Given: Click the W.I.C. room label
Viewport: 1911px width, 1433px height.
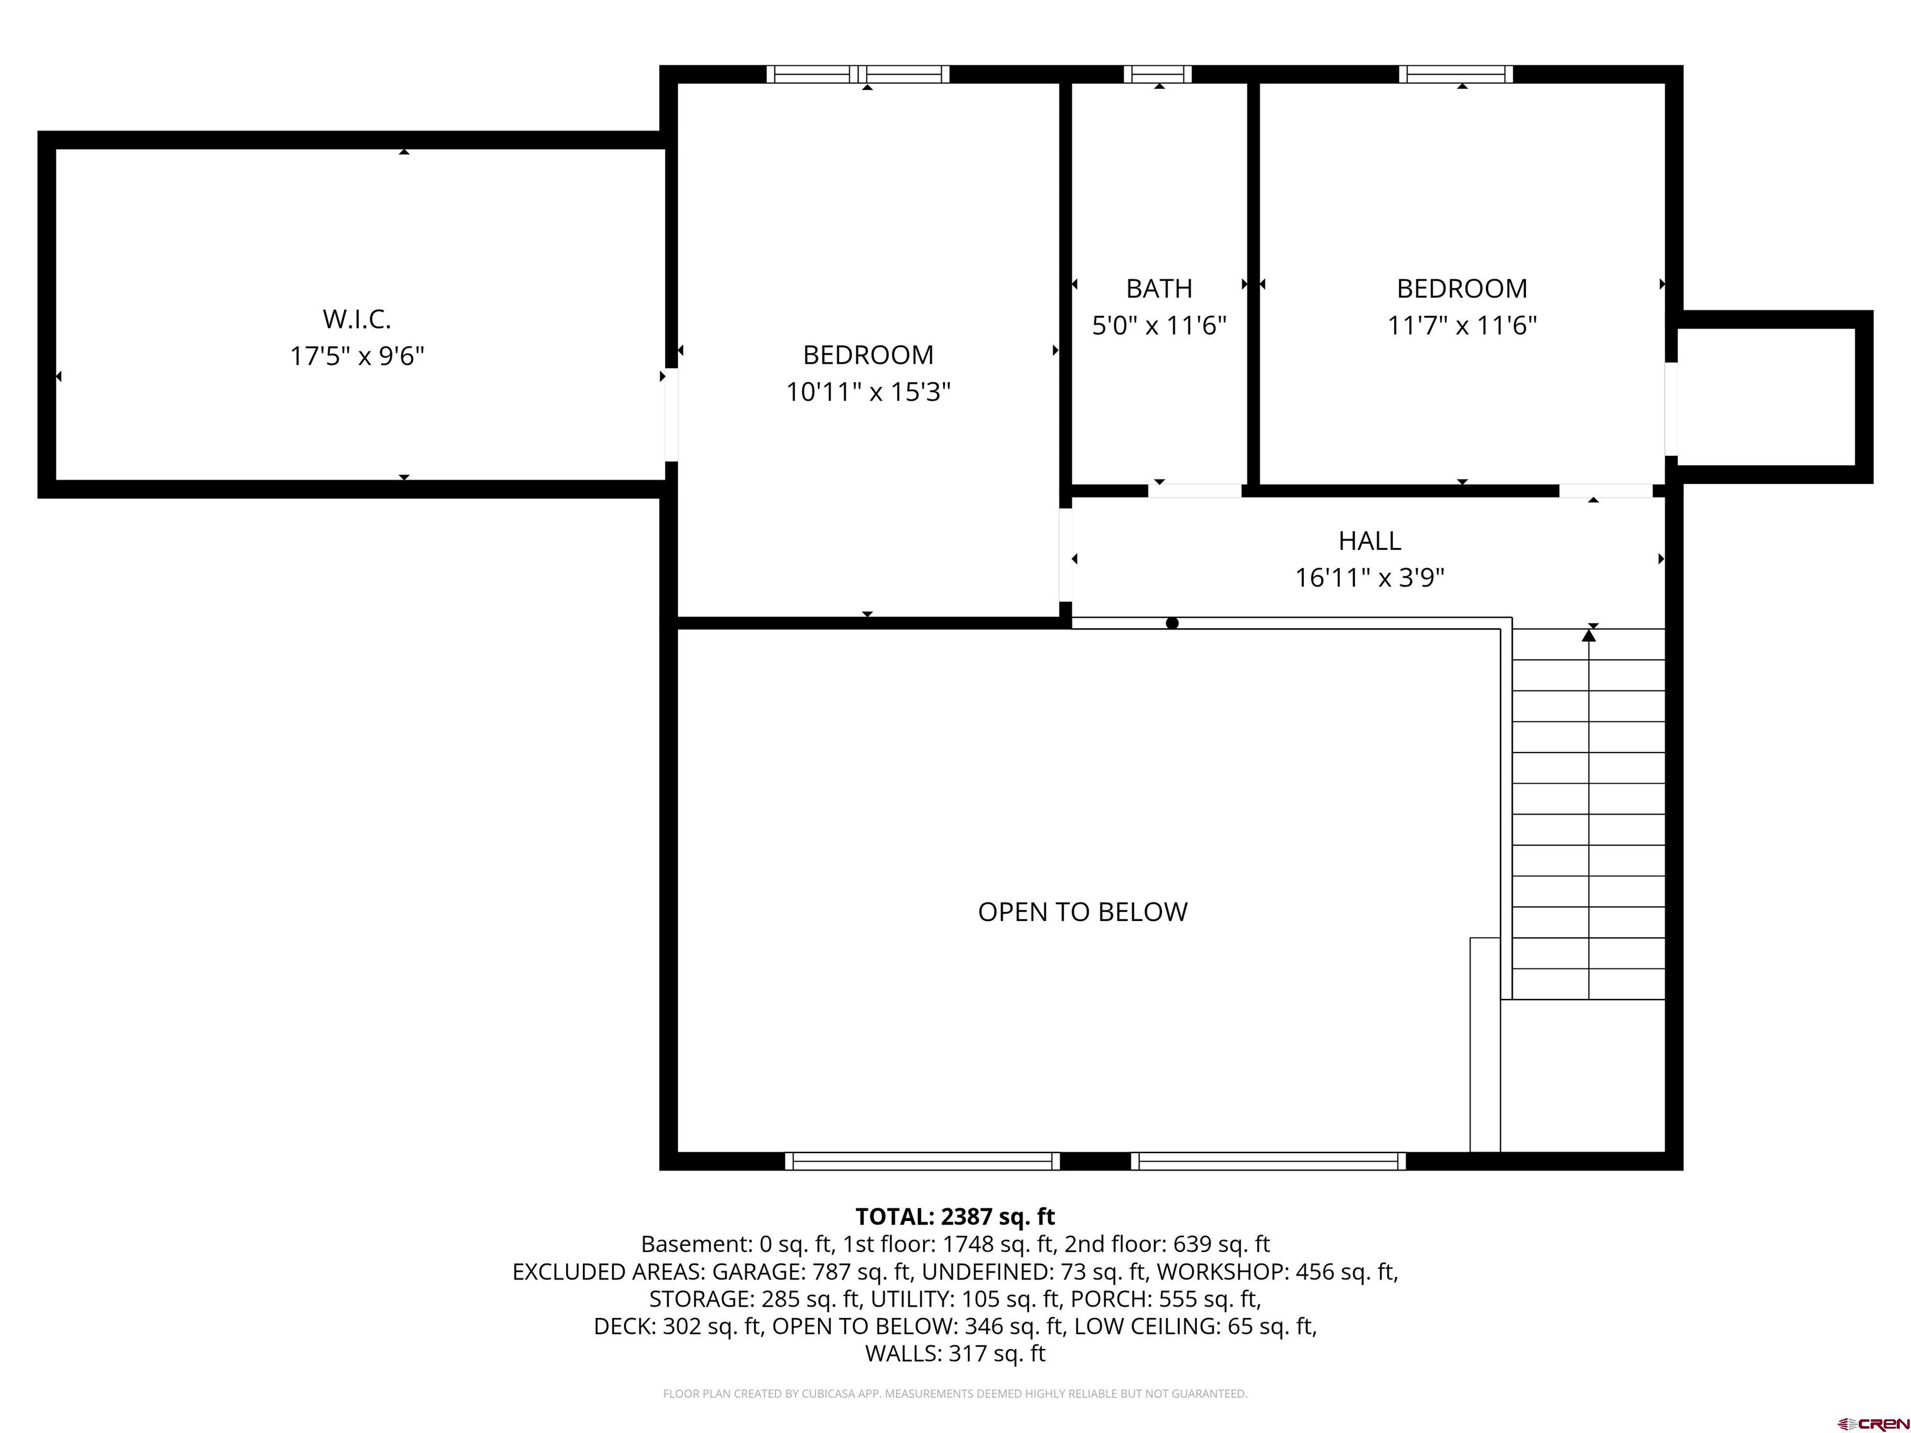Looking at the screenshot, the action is tap(357, 318).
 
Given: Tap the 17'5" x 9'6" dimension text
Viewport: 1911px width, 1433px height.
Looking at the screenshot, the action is tap(357, 356).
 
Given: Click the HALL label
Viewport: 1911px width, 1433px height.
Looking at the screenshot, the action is tap(1369, 540).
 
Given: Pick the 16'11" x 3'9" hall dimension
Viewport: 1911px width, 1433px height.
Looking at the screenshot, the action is tap(1369, 577).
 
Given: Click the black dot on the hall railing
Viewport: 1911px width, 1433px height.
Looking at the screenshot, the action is tap(1171, 623).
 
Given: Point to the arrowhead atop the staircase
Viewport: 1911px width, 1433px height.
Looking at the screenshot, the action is tap(1589, 635).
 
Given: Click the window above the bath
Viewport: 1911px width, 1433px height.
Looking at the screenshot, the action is tap(1158, 74).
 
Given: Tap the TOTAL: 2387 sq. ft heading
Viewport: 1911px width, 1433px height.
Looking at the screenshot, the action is tap(955, 1216).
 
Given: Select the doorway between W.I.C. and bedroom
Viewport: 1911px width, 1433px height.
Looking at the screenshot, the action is tap(671, 415).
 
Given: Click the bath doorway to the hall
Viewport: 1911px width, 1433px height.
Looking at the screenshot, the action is tap(1195, 491).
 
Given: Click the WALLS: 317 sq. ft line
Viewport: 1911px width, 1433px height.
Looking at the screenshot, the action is tap(955, 1353).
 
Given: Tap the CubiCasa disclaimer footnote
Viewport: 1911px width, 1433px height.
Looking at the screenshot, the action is tap(955, 1393).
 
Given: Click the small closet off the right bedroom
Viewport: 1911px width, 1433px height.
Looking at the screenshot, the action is tap(1766, 396).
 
